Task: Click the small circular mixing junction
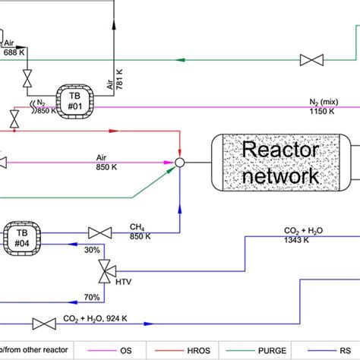[x=180, y=163]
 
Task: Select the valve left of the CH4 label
[x=100, y=232]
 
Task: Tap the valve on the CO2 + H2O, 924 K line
[x=46, y=325]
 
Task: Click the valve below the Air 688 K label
[x=27, y=79]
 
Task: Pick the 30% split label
[x=93, y=250]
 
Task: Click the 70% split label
[x=93, y=297]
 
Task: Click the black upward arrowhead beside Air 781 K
[x=115, y=25]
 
